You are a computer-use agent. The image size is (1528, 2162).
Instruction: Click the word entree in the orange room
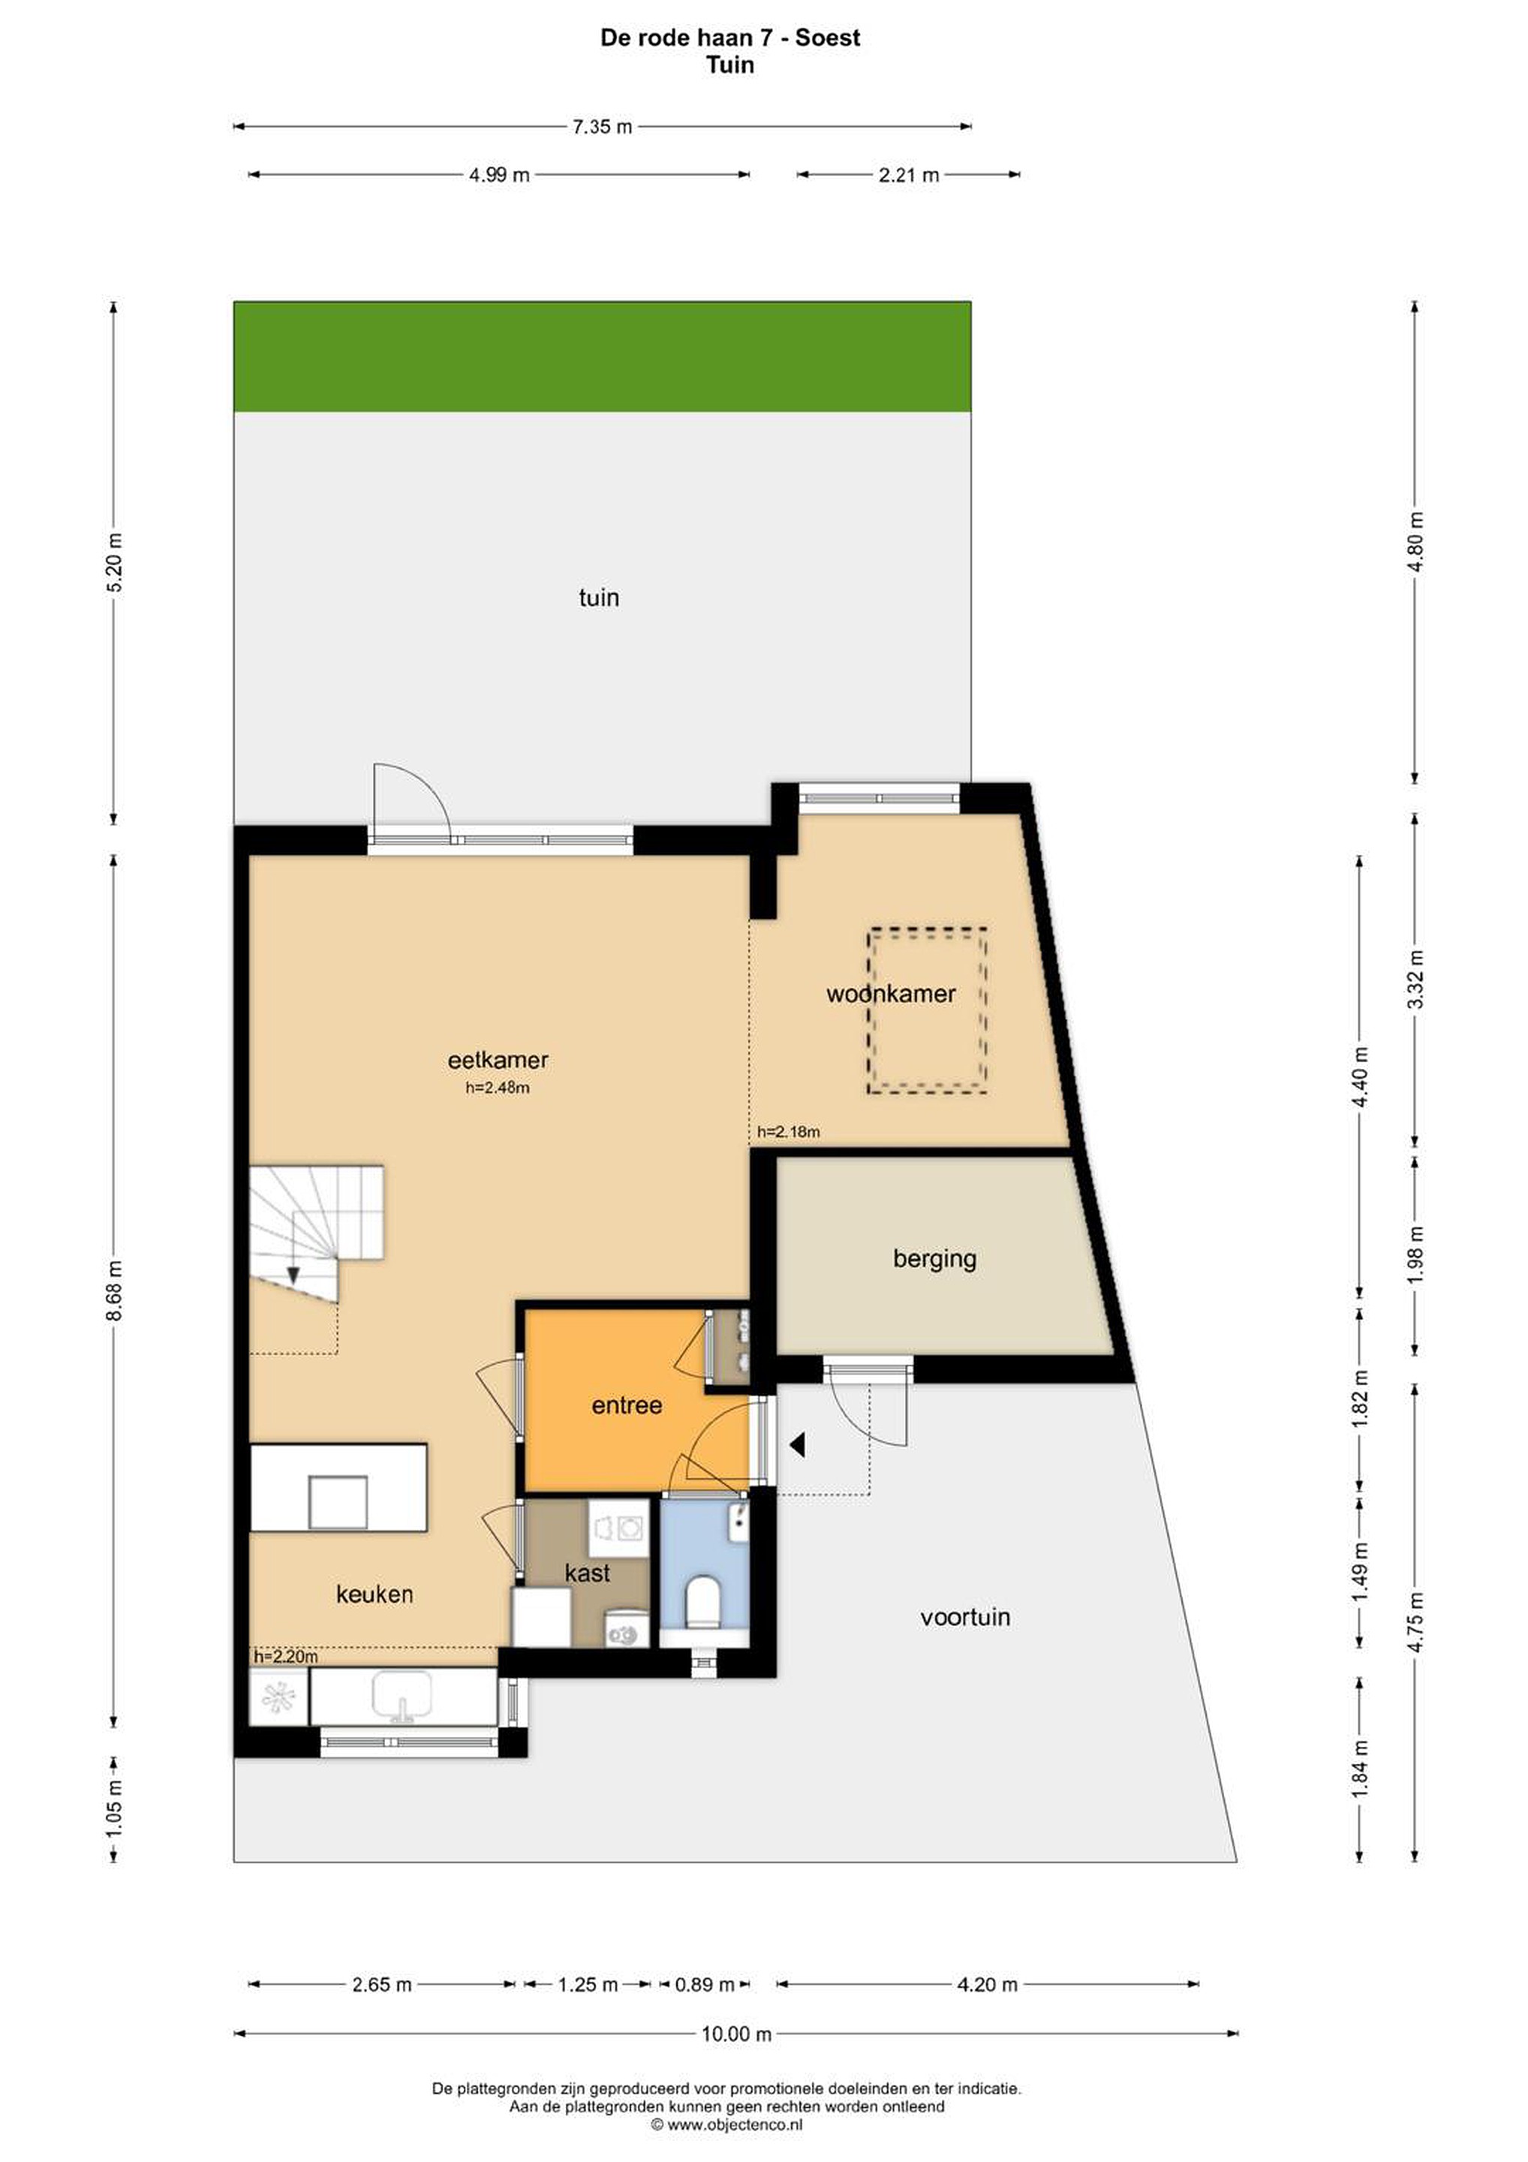pos(626,1406)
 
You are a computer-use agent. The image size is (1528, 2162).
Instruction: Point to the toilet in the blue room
pos(703,1602)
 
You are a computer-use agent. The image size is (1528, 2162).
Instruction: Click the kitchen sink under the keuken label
pos(402,1695)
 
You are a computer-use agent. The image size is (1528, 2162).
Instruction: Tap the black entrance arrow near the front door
pos(798,1444)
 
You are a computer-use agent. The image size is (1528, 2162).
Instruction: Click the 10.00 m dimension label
pos(736,2034)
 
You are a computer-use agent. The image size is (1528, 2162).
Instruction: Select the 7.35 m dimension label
pos(603,126)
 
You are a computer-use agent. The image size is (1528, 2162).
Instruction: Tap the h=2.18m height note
pos(788,1132)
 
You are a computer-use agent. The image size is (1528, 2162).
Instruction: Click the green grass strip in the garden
pos(603,357)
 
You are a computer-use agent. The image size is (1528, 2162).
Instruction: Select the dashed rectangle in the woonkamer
pos(928,1010)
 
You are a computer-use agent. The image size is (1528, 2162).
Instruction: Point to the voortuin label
pos(965,1617)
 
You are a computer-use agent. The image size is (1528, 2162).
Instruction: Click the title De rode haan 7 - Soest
pos(730,38)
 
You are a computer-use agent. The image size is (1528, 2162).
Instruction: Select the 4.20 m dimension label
pos(988,1985)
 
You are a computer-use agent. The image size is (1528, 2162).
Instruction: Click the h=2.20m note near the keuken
pos(285,1656)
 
